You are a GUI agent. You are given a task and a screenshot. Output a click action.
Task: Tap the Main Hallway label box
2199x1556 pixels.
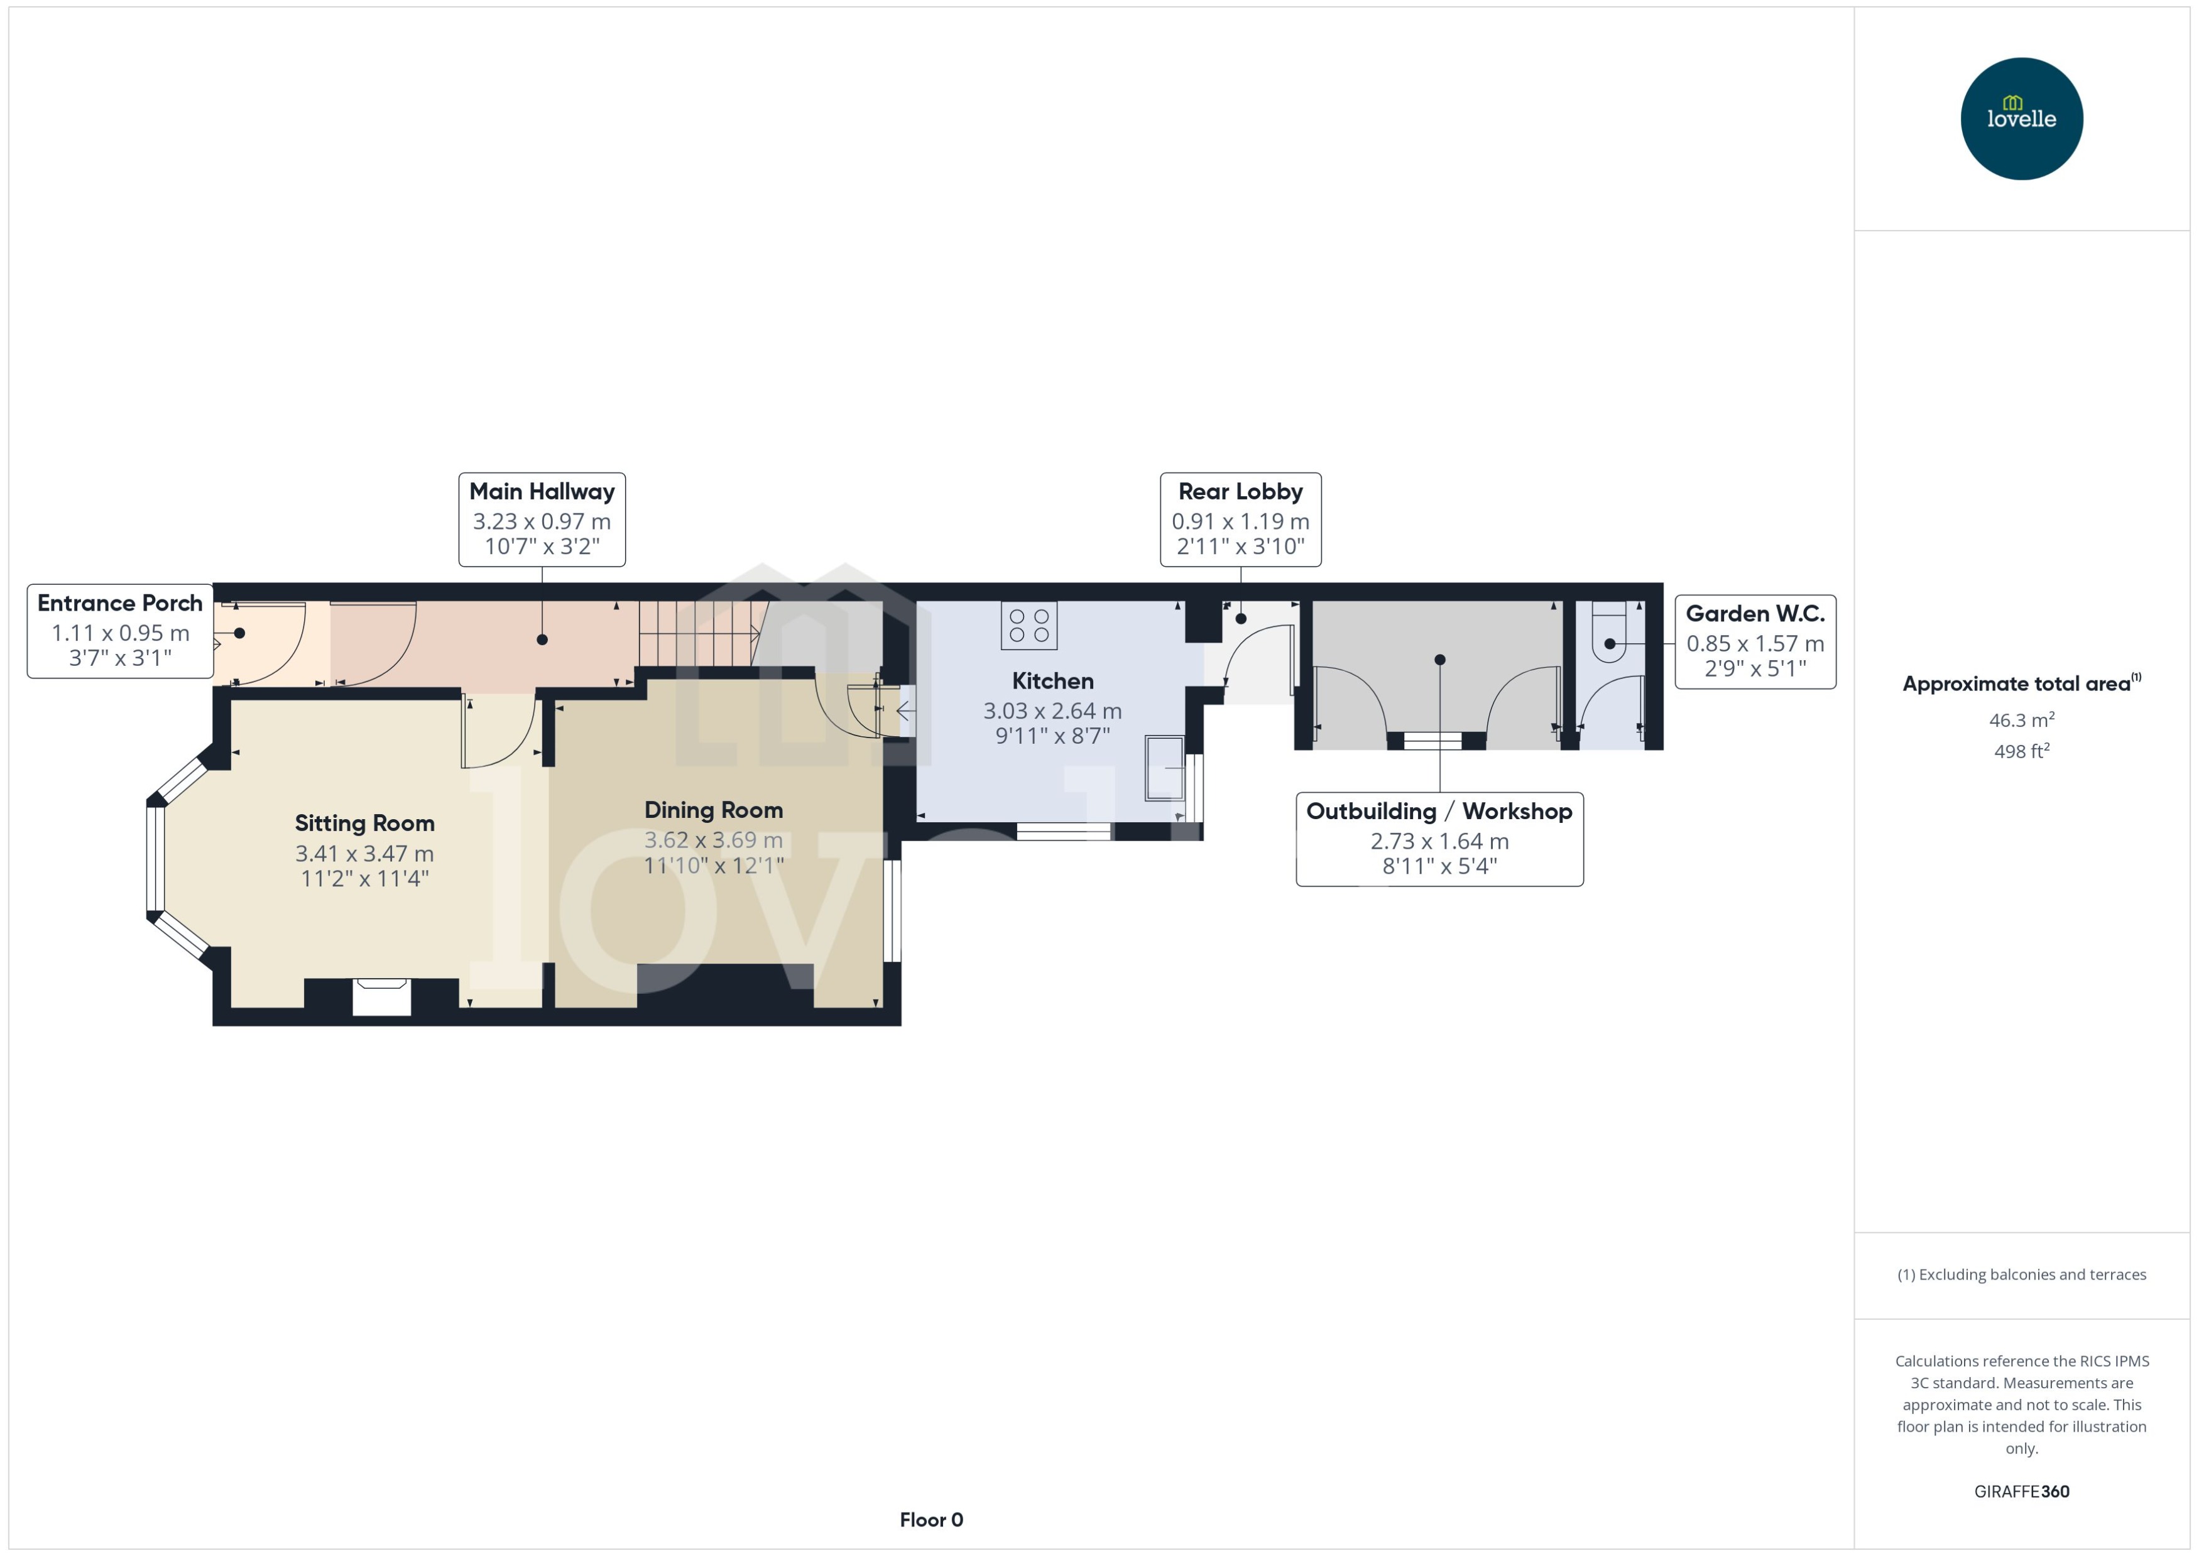tap(542, 520)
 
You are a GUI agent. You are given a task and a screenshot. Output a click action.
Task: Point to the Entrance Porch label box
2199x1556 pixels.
tap(120, 631)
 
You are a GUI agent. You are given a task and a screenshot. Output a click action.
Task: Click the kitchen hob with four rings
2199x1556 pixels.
tap(1029, 626)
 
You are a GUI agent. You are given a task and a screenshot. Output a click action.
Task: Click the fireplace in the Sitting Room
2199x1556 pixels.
tap(381, 996)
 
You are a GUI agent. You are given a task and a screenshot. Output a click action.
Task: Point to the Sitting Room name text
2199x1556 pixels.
tap(364, 823)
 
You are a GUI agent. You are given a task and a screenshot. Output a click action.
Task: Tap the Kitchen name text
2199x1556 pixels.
tap(1052, 681)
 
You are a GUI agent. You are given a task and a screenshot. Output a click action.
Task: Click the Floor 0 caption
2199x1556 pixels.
tap(930, 1520)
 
